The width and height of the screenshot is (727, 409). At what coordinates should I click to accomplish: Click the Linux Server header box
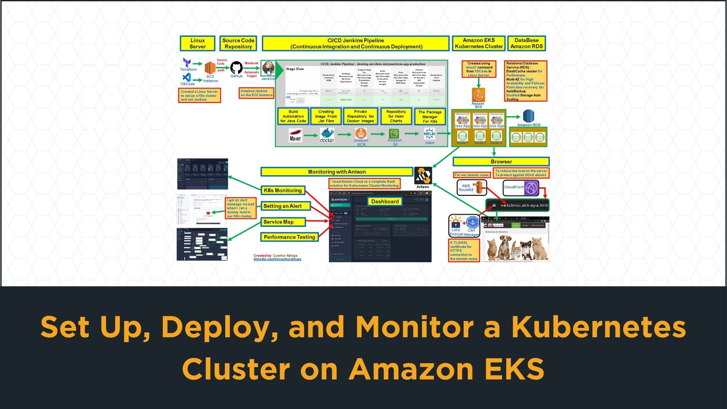click(197, 43)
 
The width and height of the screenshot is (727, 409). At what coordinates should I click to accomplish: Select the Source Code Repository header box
click(238, 43)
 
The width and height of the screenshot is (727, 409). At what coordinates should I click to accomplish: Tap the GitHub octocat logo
click(236, 68)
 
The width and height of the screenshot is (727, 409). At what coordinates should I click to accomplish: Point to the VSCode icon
click(186, 77)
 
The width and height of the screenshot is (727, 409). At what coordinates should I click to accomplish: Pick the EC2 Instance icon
click(210, 68)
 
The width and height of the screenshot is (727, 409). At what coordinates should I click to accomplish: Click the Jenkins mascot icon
click(268, 68)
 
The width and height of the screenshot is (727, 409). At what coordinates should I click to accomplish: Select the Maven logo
click(295, 135)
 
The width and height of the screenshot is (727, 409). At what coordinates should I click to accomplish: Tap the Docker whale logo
click(327, 134)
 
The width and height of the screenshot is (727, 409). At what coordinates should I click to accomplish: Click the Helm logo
click(429, 134)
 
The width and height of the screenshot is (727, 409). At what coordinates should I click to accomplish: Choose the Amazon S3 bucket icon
click(394, 133)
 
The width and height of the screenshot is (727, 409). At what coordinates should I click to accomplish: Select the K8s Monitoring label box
click(283, 191)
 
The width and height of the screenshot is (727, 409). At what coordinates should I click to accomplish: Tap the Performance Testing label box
click(289, 237)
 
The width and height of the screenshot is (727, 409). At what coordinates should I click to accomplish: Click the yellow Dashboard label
click(385, 202)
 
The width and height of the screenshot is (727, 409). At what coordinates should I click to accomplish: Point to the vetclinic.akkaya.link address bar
click(517, 205)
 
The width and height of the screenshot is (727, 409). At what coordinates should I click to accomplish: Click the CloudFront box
click(521, 188)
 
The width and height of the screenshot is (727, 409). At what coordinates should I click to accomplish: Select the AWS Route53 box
click(472, 188)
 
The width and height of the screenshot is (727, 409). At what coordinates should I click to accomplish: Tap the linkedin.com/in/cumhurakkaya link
click(277, 259)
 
